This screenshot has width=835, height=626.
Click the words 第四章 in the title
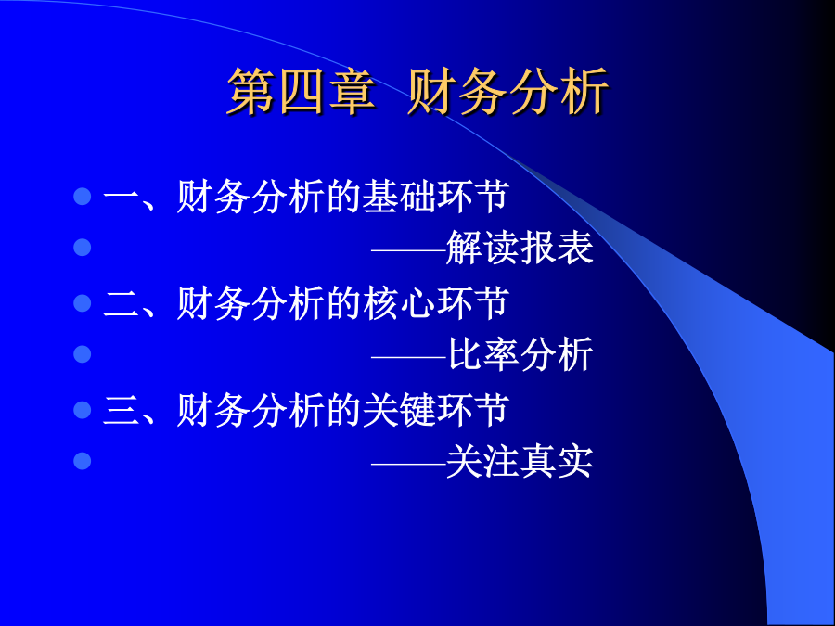point(302,92)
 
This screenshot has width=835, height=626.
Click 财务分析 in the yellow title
point(508,92)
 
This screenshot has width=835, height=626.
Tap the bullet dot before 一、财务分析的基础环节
point(83,197)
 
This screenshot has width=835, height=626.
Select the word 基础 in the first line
point(398,197)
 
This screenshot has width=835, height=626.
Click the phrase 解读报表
point(520,248)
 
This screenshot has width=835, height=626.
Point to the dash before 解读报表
point(408,249)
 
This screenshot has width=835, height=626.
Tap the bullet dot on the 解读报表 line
point(83,248)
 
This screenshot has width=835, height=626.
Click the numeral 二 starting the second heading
point(121,303)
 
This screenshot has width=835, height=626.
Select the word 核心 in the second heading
point(398,303)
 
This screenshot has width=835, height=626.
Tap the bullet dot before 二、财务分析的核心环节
point(83,303)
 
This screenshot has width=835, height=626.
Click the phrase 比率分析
point(520,354)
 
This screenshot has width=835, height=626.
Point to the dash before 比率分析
point(408,356)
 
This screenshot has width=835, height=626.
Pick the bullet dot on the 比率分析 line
point(83,354)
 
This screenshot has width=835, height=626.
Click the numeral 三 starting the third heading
point(121,410)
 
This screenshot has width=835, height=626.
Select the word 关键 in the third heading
point(398,410)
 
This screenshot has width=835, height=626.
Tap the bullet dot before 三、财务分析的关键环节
point(83,410)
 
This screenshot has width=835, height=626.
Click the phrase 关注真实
point(520,461)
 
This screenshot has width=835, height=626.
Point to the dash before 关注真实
point(408,464)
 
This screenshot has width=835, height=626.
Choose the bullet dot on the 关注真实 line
point(83,461)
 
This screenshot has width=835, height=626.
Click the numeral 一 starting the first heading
point(121,198)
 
